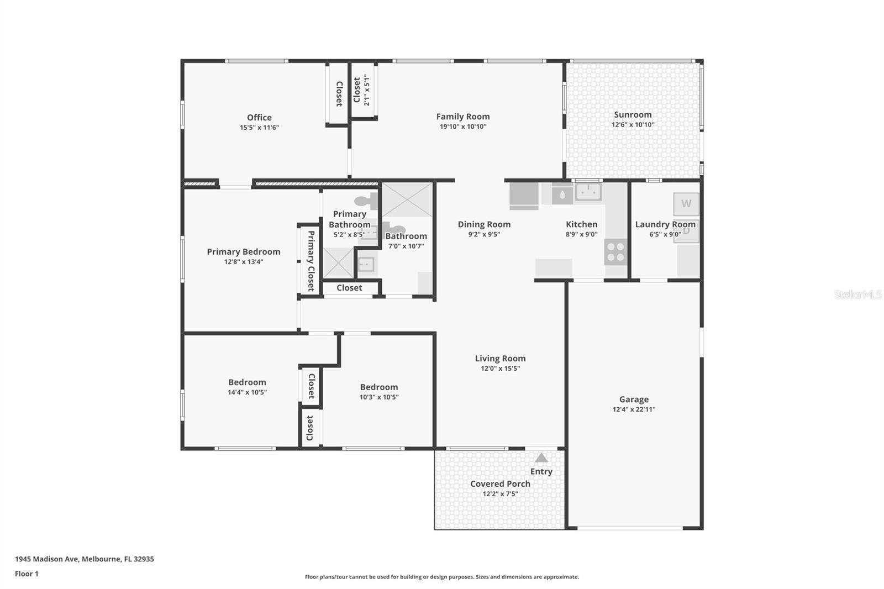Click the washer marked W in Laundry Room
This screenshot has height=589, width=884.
coord(686,204)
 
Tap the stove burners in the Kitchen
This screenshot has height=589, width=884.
coord(615,252)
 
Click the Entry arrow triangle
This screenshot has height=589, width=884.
coord(541,457)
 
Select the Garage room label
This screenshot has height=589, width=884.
coord(634,399)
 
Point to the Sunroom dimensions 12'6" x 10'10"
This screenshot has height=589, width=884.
coord(633,125)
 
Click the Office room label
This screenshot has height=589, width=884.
coord(259,117)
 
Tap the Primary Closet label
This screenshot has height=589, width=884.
coord(311,261)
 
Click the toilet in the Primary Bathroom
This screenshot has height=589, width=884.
coord(365,201)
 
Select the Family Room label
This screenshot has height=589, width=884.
coord(462,116)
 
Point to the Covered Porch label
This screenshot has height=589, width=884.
coord(500,483)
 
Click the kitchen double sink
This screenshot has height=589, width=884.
coord(588,192)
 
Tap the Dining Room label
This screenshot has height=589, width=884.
coord(484,224)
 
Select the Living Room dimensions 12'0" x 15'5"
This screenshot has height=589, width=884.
coord(500,369)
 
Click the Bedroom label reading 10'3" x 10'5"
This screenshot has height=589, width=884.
coord(379,387)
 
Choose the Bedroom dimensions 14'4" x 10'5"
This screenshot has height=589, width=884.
coord(247,392)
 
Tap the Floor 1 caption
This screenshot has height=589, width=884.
coord(27,574)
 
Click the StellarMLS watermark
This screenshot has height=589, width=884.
coord(857,294)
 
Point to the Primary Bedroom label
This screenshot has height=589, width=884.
coord(244,251)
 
